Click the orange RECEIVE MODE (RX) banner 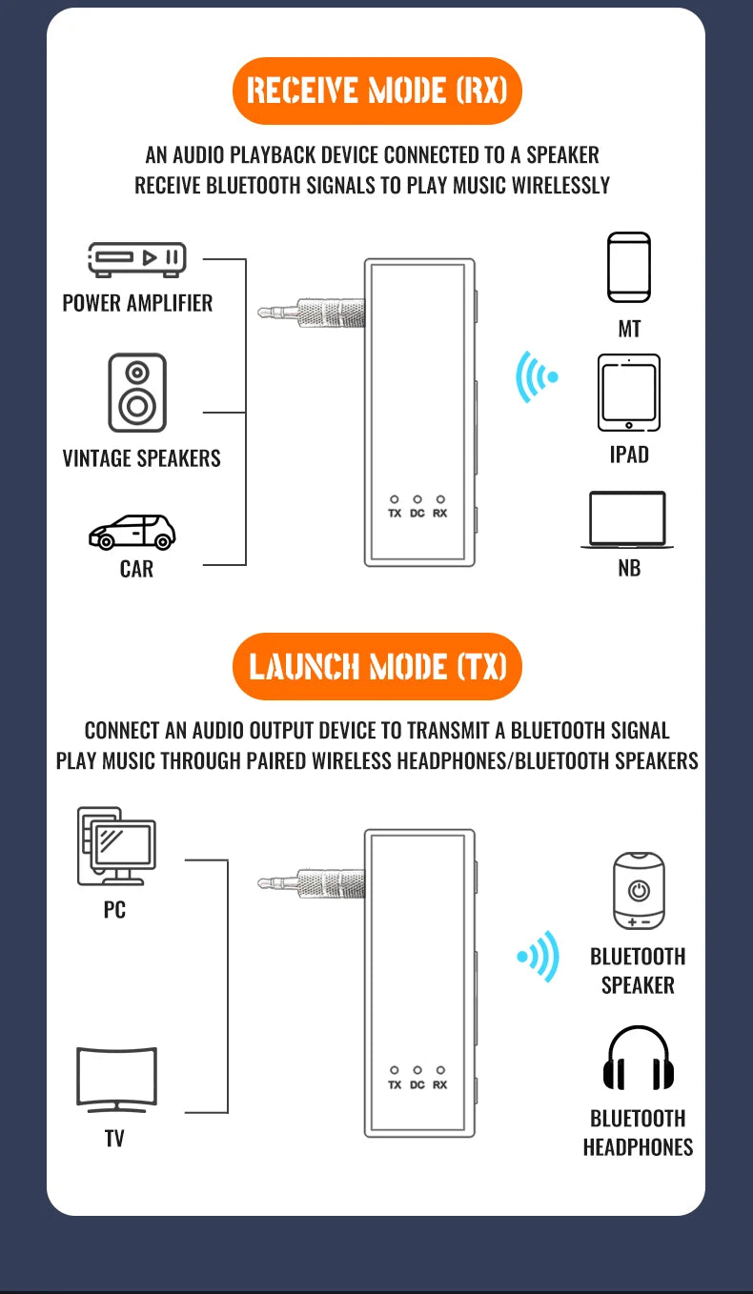(376, 91)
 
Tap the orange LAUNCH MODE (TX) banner (376, 666)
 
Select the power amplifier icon (137, 258)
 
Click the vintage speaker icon (137, 393)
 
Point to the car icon (132, 532)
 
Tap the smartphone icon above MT (629, 268)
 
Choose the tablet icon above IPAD (629, 394)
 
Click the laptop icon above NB (627, 520)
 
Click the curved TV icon (115, 1080)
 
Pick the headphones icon (638, 1059)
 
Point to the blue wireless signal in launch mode (539, 956)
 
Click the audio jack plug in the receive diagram (311, 312)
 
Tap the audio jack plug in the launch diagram (311, 883)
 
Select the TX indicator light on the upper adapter (395, 498)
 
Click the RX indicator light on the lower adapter (440, 1070)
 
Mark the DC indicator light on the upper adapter (417, 498)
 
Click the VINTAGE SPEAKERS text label (141, 458)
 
